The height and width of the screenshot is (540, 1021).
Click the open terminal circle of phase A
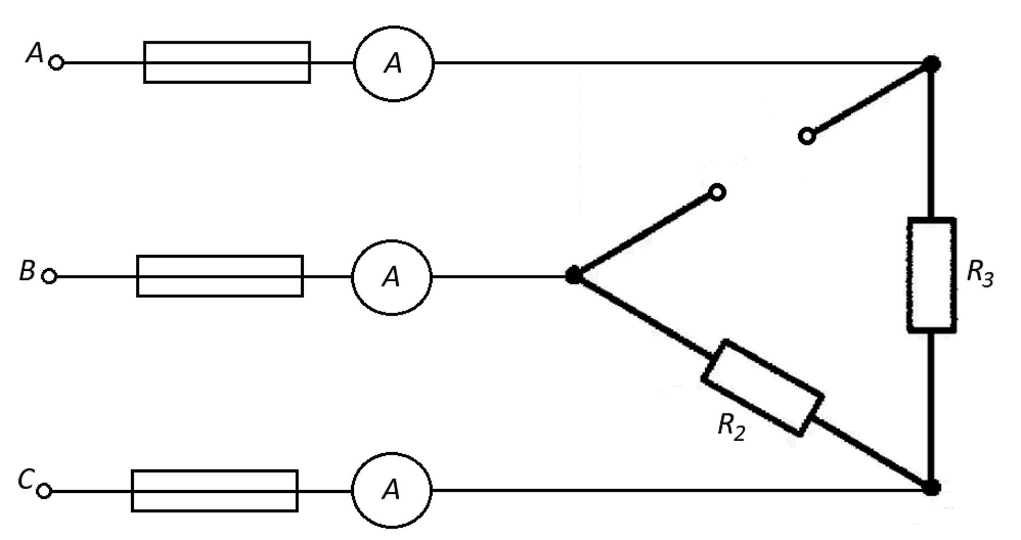coord(56,63)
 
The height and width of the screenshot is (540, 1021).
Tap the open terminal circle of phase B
coord(49,276)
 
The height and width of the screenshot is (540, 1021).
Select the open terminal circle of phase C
coord(45,491)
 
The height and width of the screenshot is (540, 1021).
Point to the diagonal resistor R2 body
coord(762,388)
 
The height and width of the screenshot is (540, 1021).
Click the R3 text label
coord(980,275)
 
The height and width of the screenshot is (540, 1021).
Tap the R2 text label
coord(731,426)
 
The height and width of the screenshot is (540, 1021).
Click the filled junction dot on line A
coord(932,64)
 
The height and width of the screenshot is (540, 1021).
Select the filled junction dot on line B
coord(573,275)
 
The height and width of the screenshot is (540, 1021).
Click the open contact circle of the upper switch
coord(807,136)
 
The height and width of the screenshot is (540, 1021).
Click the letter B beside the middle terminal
coord(27,271)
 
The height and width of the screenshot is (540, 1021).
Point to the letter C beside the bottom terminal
coord(25,480)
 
